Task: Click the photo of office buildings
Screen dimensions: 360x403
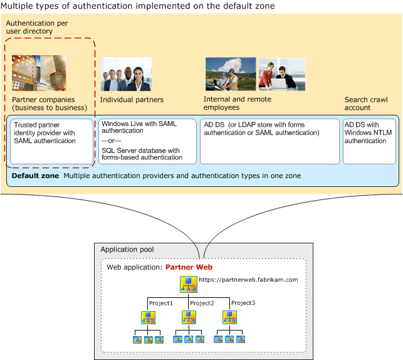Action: pos(39,73)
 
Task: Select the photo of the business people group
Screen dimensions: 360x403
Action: pos(126,74)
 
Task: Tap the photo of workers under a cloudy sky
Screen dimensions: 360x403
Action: pos(230,74)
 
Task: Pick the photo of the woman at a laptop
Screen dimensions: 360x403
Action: pos(282,75)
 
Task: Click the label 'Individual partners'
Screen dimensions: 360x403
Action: pos(132,100)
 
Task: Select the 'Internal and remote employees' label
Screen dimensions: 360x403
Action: pos(238,103)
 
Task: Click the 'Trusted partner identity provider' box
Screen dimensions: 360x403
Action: pos(50,141)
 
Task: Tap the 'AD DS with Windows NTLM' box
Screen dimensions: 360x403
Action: pos(369,141)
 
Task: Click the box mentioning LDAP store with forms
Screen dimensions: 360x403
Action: pos(270,141)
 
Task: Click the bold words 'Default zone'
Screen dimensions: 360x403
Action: pos(35,176)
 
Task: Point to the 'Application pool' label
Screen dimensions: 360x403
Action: pos(127,250)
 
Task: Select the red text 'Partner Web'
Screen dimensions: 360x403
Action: pos(189,267)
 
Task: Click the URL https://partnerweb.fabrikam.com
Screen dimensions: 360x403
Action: pos(248,280)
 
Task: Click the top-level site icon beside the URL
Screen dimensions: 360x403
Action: pos(187,283)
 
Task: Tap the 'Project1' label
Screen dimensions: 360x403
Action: pos(160,303)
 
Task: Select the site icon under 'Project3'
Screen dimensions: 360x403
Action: pos(229,317)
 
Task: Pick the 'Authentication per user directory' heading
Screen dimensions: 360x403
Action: pos(36,26)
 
